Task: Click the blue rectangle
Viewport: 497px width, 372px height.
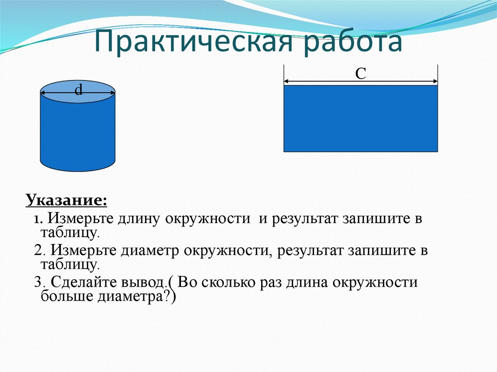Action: click(x=361, y=118)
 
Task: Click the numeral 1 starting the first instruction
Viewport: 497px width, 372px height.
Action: click(x=36, y=219)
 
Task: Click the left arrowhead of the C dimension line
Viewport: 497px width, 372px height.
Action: click(x=286, y=81)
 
